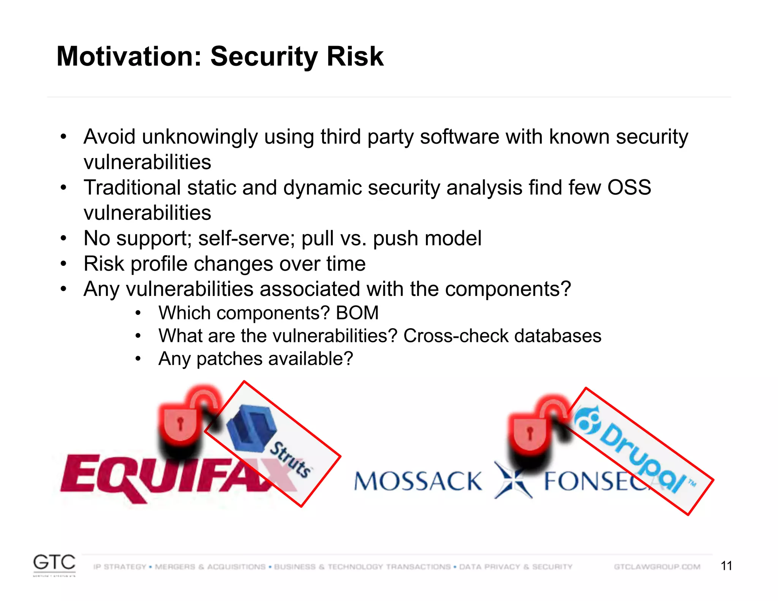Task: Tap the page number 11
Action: [726, 566]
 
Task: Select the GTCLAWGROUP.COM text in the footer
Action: [657, 567]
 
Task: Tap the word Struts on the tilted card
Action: [291, 459]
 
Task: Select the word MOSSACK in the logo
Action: [418, 481]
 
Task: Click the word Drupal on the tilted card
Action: [642, 458]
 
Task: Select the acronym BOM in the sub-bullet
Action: [357, 313]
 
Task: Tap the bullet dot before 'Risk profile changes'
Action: [63, 264]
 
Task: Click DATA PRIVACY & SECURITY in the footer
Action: [516, 567]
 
